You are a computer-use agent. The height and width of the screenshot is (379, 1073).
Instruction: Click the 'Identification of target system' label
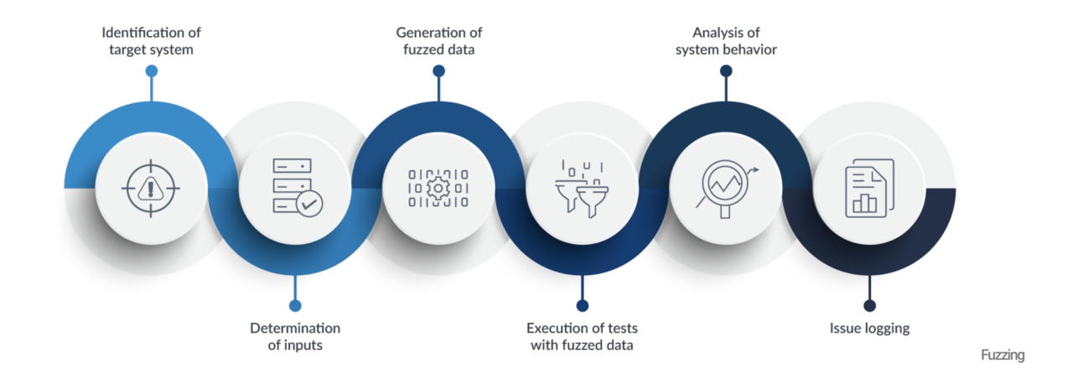152,40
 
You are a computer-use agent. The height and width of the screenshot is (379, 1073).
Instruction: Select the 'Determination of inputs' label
295,336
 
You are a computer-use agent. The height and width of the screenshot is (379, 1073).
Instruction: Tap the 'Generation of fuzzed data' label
438,40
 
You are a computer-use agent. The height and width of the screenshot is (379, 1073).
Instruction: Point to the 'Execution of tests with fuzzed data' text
582,336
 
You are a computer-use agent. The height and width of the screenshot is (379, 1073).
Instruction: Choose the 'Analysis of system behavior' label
726,40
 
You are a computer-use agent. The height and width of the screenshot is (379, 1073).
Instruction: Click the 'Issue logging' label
869,328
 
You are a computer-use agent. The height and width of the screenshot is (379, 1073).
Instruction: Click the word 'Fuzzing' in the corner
1003,356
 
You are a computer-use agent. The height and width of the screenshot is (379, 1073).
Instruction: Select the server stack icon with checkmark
293,189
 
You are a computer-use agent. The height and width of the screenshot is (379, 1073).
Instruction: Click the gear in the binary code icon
438,188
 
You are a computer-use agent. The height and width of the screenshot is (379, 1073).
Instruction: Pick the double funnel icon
582,189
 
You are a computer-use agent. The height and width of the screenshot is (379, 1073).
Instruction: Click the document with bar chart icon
869,189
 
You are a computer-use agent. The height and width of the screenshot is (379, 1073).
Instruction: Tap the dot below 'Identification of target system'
152,71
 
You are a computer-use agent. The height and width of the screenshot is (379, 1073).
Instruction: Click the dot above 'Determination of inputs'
295,305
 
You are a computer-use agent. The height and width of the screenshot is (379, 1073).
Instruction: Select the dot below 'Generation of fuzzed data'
438,71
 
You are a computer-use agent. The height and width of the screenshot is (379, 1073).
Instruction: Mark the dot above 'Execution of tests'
583,305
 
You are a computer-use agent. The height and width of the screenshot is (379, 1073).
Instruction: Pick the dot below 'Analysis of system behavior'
726,71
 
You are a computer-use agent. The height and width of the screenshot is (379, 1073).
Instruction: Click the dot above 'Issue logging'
869,305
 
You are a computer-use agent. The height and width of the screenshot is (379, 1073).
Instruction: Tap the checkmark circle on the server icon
308,203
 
